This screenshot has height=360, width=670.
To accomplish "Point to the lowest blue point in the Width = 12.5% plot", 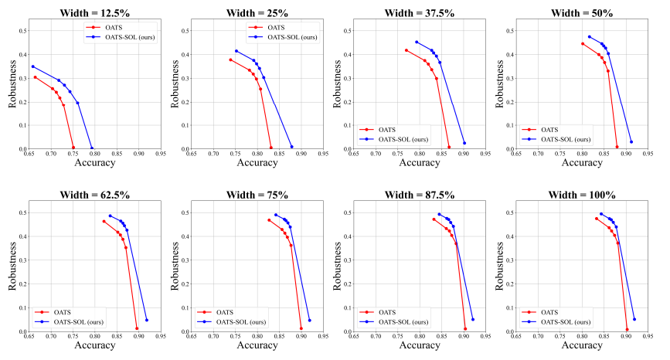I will click(x=92, y=148).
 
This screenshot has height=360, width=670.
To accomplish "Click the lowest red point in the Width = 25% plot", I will click(x=270, y=147).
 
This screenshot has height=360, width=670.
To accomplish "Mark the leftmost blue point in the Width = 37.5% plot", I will click(x=417, y=42).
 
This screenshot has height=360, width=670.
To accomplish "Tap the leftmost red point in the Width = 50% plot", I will click(x=583, y=43).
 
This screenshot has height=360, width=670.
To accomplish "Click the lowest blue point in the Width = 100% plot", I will click(x=634, y=319).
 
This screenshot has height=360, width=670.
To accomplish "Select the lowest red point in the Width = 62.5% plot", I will click(x=137, y=329).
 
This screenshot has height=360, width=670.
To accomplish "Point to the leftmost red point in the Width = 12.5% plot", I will click(x=36, y=77).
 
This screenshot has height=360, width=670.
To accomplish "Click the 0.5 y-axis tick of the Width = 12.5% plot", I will click(x=22, y=31).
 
